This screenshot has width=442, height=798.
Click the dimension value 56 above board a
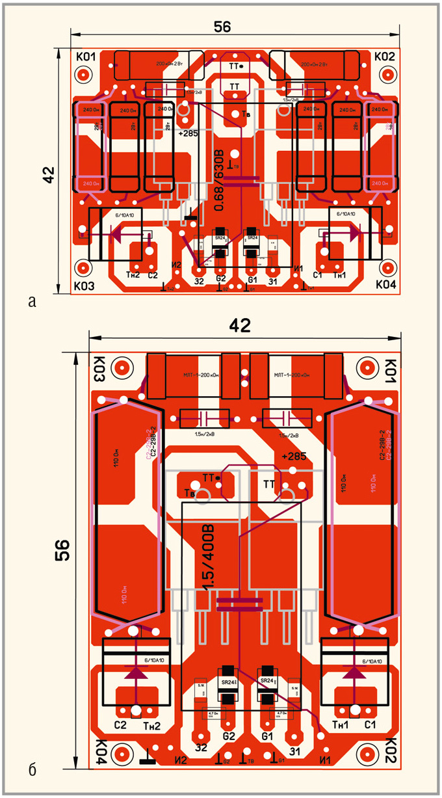tap(222, 27)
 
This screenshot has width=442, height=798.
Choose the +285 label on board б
tap(293, 457)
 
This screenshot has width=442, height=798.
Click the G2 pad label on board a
tap(220, 280)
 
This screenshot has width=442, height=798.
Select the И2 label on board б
tap(180, 759)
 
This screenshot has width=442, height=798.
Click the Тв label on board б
tap(190, 492)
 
